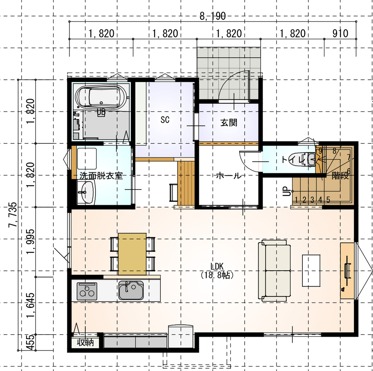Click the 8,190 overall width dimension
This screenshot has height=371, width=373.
(x=212, y=17)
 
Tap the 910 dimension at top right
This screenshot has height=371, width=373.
(x=340, y=34)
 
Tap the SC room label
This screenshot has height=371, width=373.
(x=165, y=120)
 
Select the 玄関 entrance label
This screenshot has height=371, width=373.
(x=229, y=122)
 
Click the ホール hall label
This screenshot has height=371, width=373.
(x=229, y=176)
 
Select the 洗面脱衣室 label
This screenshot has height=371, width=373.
(x=101, y=176)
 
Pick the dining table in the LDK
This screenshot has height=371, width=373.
(x=132, y=253)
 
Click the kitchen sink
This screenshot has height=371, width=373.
(x=131, y=290)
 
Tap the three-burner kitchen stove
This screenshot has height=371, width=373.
(x=86, y=290)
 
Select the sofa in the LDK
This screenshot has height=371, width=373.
(x=275, y=272)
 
